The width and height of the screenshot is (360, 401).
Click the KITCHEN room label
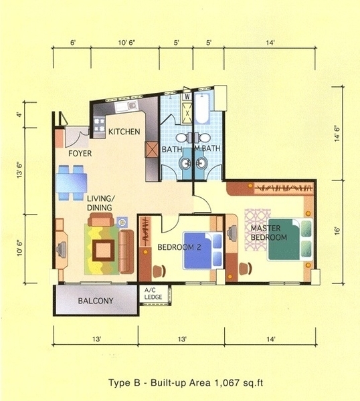click(x=124, y=132)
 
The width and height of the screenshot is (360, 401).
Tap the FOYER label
click(x=80, y=154)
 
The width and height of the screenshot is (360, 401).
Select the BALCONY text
click(x=96, y=301)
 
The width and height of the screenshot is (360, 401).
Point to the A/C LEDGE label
click(x=153, y=293)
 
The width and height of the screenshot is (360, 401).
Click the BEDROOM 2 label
click(x=179, y=247)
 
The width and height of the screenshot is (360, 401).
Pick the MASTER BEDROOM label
click(x=268, y=233)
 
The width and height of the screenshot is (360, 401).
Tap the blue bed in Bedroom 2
click(x=203, y=251)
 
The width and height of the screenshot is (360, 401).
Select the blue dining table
click(x=72, y=182)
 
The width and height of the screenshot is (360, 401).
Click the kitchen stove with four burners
click(x=99, y=125)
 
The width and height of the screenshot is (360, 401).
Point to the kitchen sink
click(x=126, y=106)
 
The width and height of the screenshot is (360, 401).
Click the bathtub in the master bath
click(x=202, y=108)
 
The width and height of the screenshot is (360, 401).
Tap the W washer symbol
click(x=187, y=97)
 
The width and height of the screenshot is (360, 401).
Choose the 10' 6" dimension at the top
click(x=126, y=43)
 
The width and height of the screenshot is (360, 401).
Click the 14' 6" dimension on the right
click(x=337, y=133)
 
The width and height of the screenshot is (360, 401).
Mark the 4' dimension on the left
click(x=19, y=115)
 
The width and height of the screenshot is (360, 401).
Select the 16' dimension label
click(x=337, y=231)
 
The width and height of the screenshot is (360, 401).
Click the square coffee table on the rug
click(x=104, y=251)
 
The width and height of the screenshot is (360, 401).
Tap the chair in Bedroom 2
click(x=159, y=271)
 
